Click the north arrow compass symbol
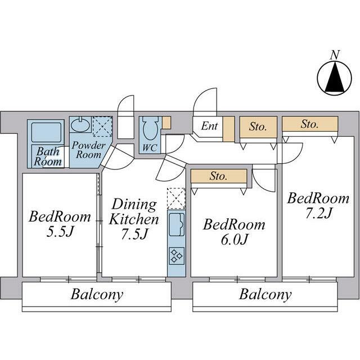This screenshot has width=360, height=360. click(334, 78)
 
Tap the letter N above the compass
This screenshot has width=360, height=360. click(335, 55)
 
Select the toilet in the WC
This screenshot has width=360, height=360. click(150, 128)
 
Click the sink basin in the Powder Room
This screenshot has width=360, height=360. click(80, 124)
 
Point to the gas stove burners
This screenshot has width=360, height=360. click(177, 256)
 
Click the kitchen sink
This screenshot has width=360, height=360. click(177, 224)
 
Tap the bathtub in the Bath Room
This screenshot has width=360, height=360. click(46, 133)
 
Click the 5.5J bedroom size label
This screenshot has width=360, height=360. click(60, 232)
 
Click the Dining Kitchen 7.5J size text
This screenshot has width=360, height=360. click(134, 234)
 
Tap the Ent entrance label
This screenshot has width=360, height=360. click(209, 126)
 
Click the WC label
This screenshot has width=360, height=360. click(150, 147)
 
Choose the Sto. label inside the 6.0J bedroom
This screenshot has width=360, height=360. click(218, 176)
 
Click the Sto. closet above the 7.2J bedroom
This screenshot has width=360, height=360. click(310, 124)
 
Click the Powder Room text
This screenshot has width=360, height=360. click(88, 150)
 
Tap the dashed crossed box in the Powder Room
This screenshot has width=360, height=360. click(102, 127)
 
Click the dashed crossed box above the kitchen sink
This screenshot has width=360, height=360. click(176, 199)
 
